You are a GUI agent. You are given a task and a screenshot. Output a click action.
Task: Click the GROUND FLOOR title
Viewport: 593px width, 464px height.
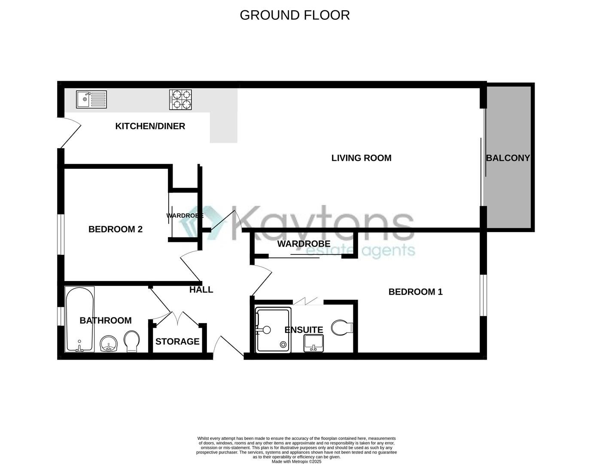[x=295, y=15]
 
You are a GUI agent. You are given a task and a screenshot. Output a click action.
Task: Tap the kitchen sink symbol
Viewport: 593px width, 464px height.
[x=91, y=100]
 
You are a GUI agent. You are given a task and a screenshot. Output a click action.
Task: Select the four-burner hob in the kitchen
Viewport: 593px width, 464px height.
[x=180, y=99]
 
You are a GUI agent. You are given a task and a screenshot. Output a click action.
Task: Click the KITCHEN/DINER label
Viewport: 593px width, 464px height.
[x=150, y=126]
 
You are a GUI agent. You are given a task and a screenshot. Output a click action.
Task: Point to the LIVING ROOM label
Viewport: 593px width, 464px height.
[x=361, y=158]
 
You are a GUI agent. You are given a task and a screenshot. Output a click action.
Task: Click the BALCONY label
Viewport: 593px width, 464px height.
[x=508, y=158]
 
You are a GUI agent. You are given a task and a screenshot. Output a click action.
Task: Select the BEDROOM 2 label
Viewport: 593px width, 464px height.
[x=115, y=229]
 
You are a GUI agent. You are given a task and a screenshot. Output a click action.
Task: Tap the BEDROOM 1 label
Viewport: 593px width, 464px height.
[x=415, y=292]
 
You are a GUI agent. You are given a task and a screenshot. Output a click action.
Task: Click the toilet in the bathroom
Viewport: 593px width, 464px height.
[x=131, y=342]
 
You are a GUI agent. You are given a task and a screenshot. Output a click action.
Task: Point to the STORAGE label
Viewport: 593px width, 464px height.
[x=177, y=342]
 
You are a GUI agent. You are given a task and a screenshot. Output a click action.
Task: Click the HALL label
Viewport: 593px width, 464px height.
[x=201, y=290]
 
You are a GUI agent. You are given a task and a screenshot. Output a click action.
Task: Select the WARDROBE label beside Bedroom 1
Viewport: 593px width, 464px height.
[x=304, y=244]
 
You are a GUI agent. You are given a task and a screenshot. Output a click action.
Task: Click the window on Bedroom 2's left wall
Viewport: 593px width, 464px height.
[x=61, y=234]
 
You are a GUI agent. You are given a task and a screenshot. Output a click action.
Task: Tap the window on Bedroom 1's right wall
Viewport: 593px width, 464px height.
[x=483, y=295]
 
